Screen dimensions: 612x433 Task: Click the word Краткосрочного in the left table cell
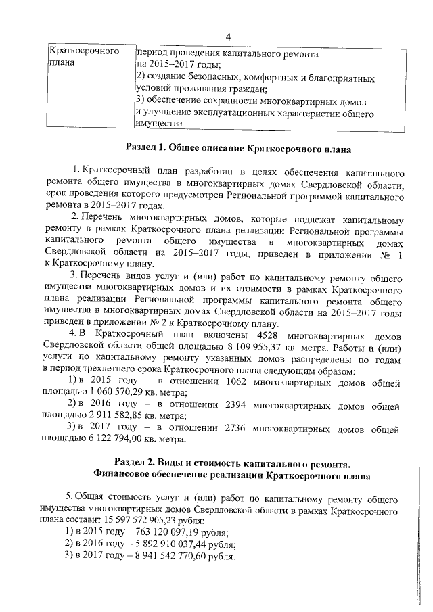83,51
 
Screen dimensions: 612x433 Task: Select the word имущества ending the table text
159,124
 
